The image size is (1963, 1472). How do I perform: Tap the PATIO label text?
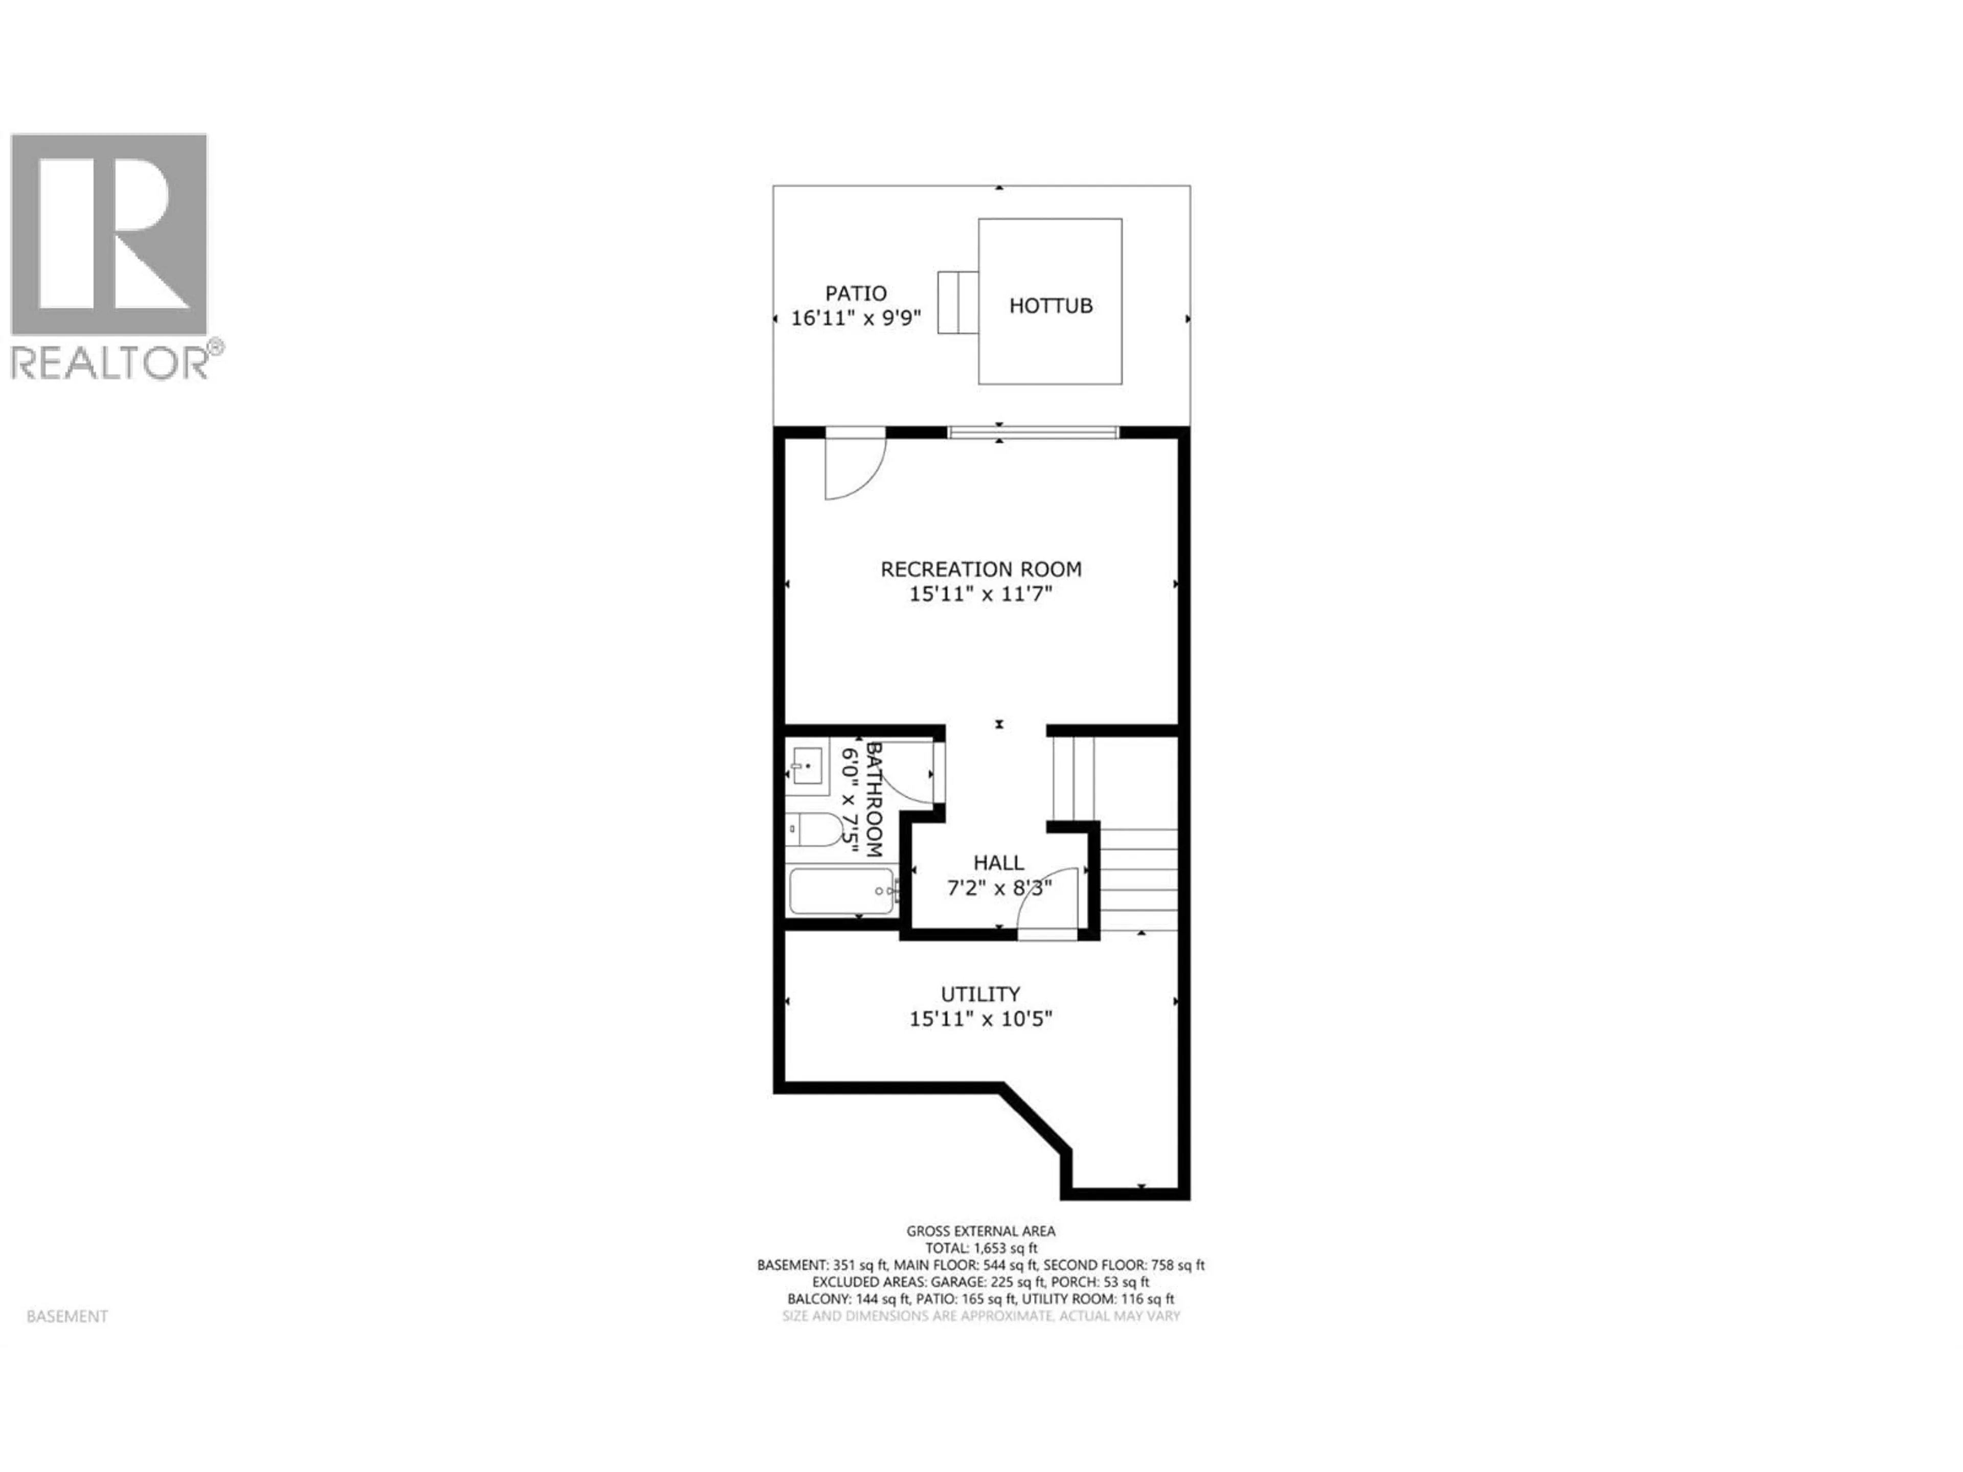[855, 293]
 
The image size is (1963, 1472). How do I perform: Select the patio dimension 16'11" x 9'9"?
[855, 317]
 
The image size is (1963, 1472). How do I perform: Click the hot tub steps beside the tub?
[957, 302]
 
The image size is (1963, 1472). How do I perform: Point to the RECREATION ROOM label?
[980, 569]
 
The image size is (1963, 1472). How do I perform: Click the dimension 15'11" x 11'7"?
[980, 593]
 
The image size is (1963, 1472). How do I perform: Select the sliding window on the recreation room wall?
[1032, 432]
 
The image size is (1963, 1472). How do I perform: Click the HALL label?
[998, 862]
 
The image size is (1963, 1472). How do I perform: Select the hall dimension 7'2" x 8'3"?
[998, 887]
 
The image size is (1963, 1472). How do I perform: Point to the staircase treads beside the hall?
[1138, 879]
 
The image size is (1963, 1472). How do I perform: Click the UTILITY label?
[980, 994]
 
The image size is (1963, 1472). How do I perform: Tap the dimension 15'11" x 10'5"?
[980, 1019]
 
